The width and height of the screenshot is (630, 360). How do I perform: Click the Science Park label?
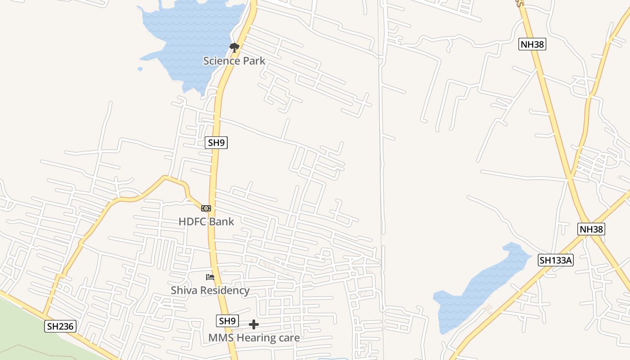234,61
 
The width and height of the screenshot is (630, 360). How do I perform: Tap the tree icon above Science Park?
234,47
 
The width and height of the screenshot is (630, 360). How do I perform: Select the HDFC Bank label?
206,221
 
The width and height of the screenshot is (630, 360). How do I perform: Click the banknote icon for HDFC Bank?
206,208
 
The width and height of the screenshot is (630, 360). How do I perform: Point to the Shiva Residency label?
210,290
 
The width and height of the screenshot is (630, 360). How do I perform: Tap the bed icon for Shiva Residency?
210,277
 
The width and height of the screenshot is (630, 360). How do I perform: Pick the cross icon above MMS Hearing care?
254,324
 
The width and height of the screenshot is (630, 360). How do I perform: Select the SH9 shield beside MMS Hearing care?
227,321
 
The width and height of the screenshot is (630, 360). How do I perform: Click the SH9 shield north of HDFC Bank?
216,143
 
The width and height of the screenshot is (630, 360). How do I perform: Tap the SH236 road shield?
60,326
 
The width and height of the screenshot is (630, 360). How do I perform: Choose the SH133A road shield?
556,260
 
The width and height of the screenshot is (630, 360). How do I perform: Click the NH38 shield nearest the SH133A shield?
591,229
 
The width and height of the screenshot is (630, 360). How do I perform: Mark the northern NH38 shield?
532,44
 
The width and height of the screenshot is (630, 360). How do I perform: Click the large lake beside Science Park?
189,40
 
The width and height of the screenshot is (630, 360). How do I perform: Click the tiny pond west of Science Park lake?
140,69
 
